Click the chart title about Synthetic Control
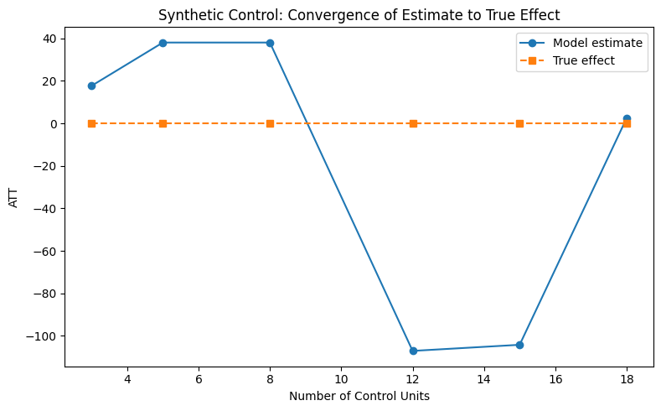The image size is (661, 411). coord(359,14)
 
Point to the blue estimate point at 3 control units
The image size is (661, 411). coord(91,86)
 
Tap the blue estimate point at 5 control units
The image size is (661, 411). coord(163,43)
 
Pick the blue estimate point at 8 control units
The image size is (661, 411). coord(270,43)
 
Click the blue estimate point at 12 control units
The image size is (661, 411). coord(413,351)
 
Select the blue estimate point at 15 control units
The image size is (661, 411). coord(519,345)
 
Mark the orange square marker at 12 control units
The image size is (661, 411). coord(413,123)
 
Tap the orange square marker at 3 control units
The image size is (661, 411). coord(91,123)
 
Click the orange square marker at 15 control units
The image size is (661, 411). coord(519,123)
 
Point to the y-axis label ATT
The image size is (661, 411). coord(13,198)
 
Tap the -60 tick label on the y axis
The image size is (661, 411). coord(44,251)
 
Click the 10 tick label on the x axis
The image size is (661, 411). coord(341,379)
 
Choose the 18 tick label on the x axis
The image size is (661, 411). coord(627,379)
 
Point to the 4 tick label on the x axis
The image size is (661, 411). coord(127,379)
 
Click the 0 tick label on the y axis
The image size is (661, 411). coord(52,123)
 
